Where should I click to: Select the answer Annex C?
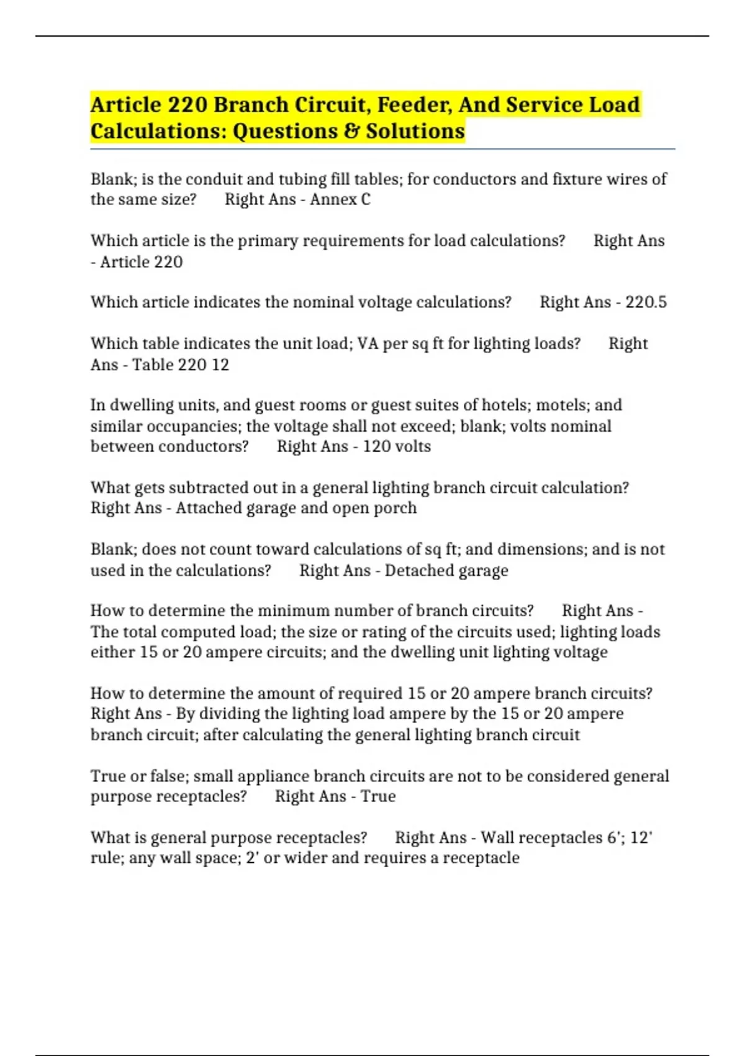[340, 199]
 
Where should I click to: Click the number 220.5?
[646, 303]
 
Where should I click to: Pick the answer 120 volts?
[397, 447]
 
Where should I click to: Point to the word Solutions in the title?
[415, 132]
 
